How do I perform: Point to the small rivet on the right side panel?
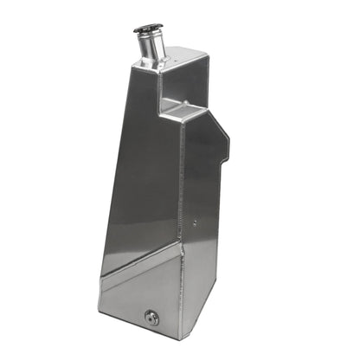click(194, 221)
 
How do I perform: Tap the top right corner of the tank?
click(208, 54)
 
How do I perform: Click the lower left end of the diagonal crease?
click(100, 277)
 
